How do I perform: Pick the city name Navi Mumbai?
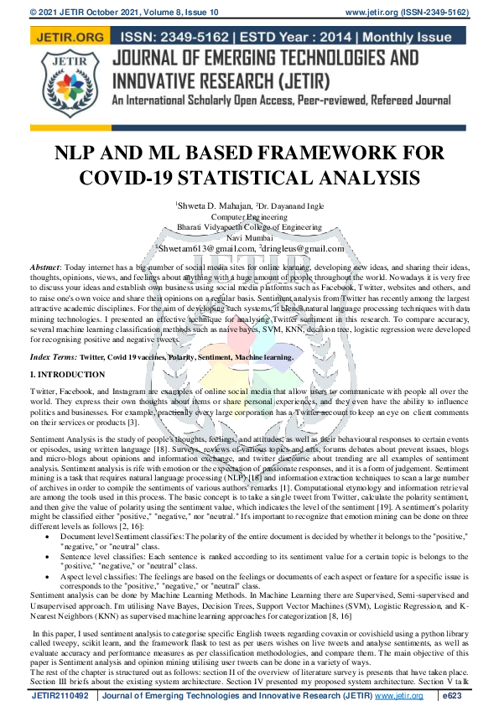(x=249, y=237)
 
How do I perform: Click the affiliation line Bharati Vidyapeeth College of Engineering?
(x=249, y=226)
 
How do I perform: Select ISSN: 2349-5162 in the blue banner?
(x=176, y=38)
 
